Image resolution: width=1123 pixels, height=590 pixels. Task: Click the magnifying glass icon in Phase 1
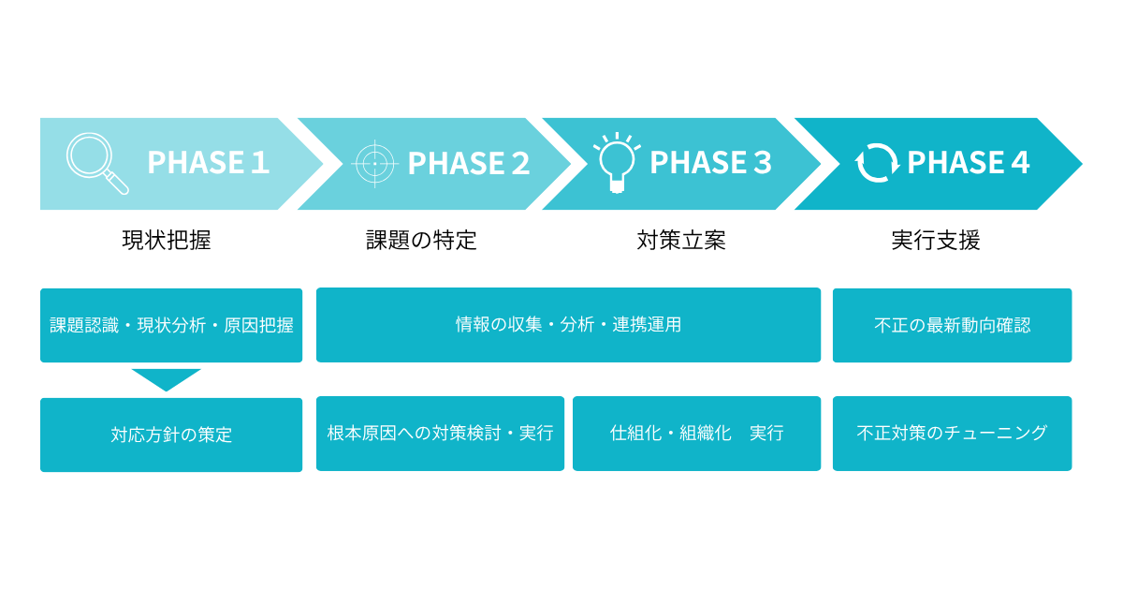pos(97,163)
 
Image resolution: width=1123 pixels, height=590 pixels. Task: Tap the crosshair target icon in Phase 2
pos(374,164)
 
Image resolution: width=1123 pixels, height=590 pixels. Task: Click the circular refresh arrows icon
pos(877,163)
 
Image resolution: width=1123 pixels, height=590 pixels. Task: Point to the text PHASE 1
pos(208,163)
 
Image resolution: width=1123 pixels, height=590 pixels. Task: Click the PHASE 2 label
pos(468,163)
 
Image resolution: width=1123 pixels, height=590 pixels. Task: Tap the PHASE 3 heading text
pos(710,163)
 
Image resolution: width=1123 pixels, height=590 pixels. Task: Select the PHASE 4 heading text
pos(968,163)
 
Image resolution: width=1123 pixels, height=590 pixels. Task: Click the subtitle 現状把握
pos(167,240)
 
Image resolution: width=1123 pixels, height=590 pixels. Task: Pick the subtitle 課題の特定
pos(421,240)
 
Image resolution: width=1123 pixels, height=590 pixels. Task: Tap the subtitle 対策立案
pos(681,240)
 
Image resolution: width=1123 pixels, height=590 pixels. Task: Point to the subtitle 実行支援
pos(936,240)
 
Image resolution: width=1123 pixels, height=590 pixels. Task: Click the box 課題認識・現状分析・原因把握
pos(171,325)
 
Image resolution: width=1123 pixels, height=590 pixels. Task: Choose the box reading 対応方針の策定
pos(171,435)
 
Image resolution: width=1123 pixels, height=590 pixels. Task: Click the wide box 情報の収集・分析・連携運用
pos(568,325)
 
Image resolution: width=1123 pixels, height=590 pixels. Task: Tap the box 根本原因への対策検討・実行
pos(440,434)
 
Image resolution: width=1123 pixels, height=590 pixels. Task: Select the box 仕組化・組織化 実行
pos(696,434)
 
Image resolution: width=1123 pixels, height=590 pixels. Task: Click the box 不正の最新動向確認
pos(952,325)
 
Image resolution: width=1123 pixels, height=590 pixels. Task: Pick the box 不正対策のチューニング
pos(952,434)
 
